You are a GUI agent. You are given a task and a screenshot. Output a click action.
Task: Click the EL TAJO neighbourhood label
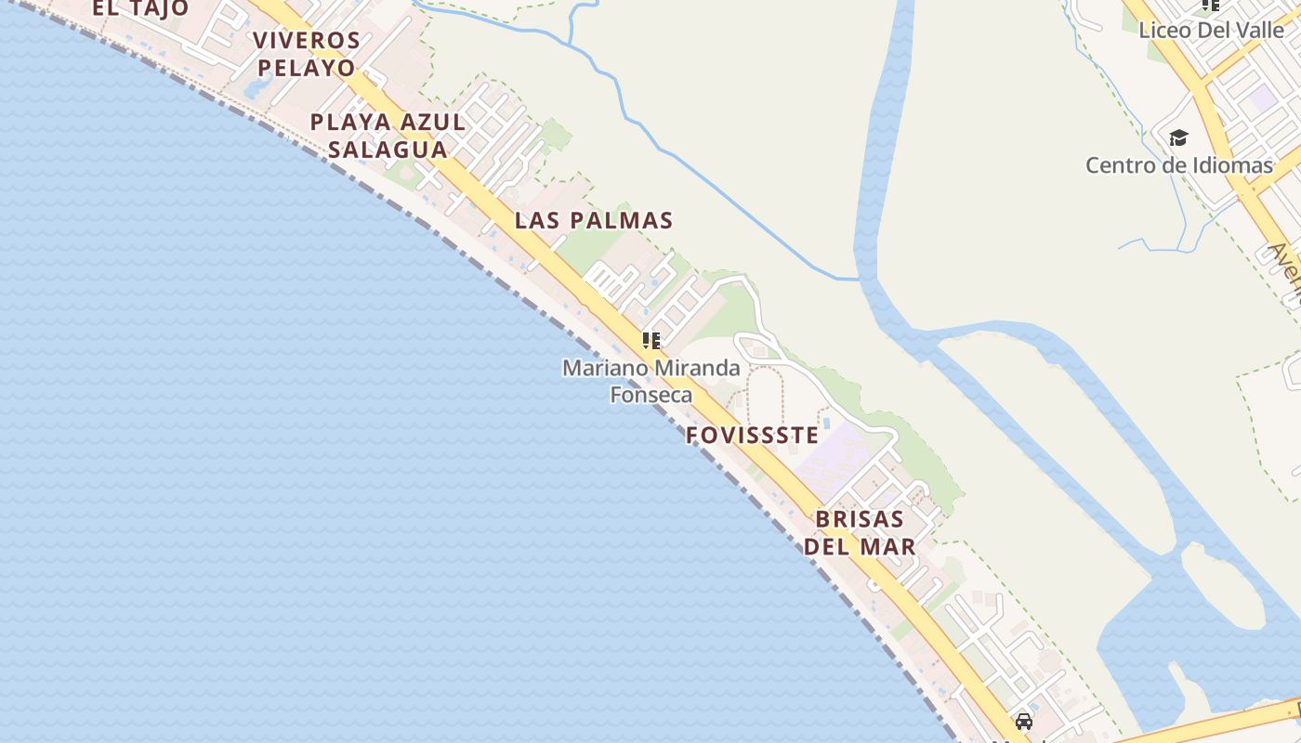140,8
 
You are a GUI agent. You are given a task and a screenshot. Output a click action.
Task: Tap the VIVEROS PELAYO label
307,54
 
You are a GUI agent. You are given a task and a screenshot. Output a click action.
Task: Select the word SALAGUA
388,150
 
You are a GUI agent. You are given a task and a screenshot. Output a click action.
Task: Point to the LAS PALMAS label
594,221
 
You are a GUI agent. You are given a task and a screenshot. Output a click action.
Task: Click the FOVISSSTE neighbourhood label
753,436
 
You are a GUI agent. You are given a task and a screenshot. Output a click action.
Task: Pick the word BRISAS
860,519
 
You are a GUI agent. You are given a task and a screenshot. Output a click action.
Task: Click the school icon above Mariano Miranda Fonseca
651,341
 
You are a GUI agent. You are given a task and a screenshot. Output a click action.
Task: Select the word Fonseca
650,395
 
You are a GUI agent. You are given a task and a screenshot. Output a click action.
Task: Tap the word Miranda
697,369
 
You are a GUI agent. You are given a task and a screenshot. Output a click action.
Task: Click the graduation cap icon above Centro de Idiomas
1178,138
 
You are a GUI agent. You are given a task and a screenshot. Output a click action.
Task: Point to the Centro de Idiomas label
1178,166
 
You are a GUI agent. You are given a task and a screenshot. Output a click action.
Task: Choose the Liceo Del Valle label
1211,30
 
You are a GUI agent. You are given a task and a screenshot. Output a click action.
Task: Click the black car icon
1024,722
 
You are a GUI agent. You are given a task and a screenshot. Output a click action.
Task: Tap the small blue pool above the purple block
825,424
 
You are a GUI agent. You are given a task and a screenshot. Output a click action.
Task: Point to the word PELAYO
307,68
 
